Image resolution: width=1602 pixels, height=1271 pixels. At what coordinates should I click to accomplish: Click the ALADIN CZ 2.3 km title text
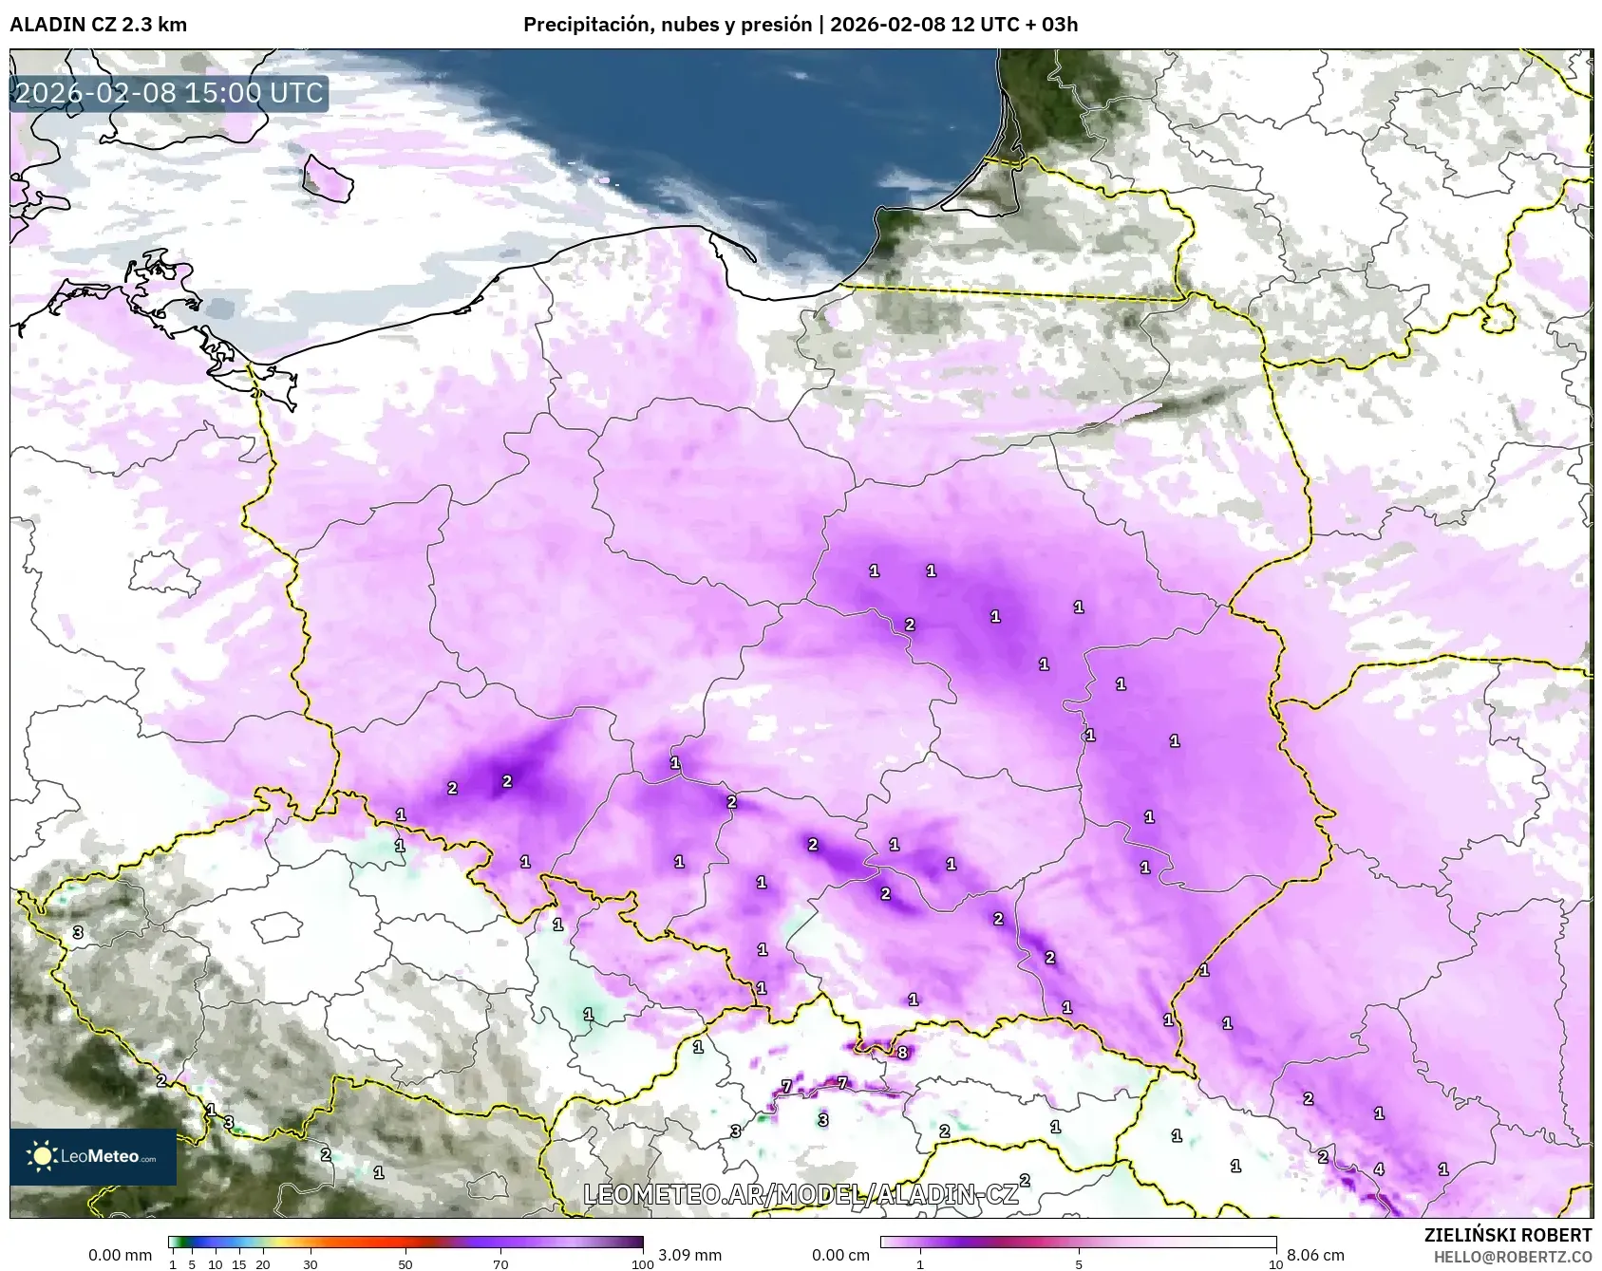[98, 25]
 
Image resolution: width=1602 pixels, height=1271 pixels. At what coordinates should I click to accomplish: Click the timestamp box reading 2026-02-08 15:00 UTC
[169, 93]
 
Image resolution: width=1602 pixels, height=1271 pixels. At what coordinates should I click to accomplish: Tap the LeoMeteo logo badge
[93, 1156]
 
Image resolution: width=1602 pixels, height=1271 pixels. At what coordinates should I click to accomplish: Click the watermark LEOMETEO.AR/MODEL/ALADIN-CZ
[801, 1194]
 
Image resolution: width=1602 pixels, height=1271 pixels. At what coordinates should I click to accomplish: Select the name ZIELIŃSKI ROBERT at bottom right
[1508, 1235]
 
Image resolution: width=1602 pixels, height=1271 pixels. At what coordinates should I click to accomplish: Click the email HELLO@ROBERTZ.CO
[1512, 1257]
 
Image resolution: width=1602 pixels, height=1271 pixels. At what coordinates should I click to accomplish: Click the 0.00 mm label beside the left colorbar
[120, 1255]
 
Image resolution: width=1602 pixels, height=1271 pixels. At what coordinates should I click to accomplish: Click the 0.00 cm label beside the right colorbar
[841, 1255]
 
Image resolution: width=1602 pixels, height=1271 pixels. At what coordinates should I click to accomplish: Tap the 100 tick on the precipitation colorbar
[643, 1263]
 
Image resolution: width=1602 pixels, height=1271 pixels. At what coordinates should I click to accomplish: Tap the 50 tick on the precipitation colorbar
[405, 1263]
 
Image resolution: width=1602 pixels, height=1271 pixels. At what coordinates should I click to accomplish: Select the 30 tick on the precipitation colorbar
[311, 1263]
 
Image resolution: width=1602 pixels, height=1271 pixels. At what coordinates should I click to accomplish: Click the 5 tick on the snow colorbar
[1079, 1263]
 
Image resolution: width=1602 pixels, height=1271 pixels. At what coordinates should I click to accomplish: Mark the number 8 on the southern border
[902, 1052]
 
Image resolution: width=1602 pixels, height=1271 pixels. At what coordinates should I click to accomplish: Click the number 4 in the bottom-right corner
[1379, 1169]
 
